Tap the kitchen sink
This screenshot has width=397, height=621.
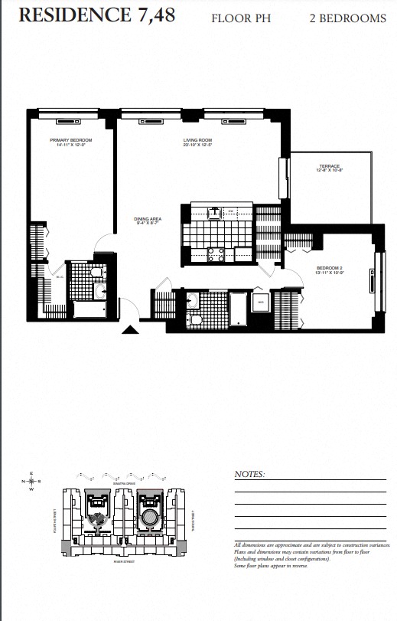216,211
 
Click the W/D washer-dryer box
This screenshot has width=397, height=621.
260,302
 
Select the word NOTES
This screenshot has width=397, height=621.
249,475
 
